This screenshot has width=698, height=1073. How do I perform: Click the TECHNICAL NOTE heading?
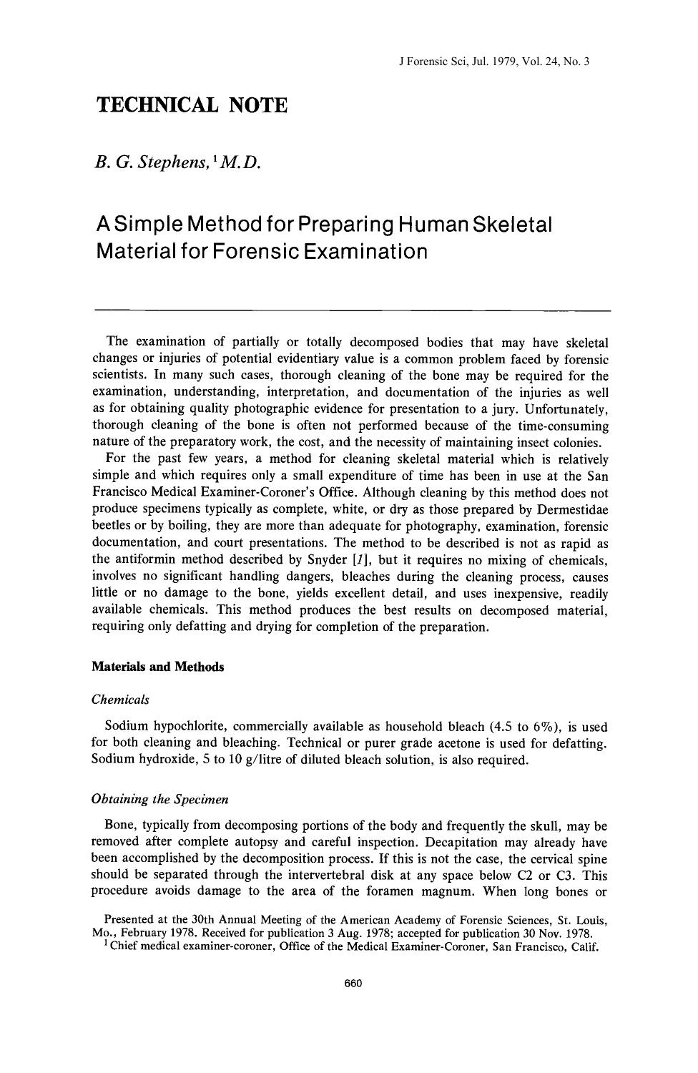coord(192,106)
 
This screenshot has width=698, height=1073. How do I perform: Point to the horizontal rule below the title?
coord(353,310)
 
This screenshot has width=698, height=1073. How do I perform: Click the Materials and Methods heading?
coord(158,667)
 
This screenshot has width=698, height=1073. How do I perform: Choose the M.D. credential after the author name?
coord(239,164)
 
